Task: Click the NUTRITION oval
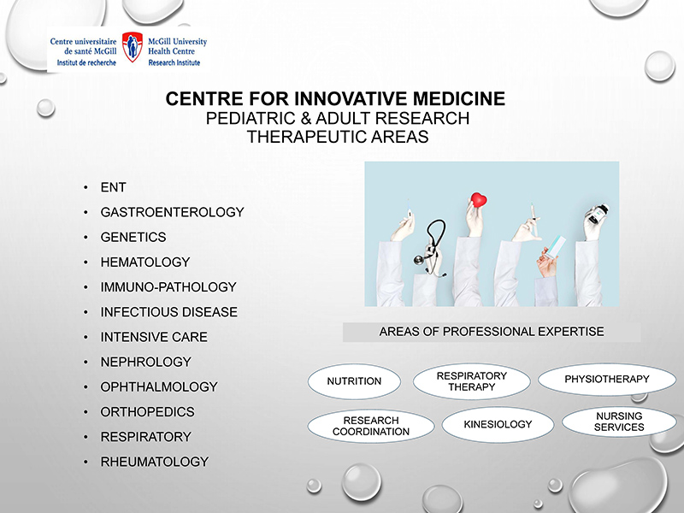point(354,380)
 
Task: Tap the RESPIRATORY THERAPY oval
point(471,381)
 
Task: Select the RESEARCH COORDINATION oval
point(371,426)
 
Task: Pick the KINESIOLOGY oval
point(498,424)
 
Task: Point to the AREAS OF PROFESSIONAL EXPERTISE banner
point(492,332)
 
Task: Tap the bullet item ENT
point(113,187)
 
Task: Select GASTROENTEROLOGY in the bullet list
point(172,212)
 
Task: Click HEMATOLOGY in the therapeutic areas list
point(144,262)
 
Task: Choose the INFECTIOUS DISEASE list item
point(168,312)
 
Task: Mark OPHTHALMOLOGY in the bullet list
point(158,386)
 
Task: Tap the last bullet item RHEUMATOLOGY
point(154,462)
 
